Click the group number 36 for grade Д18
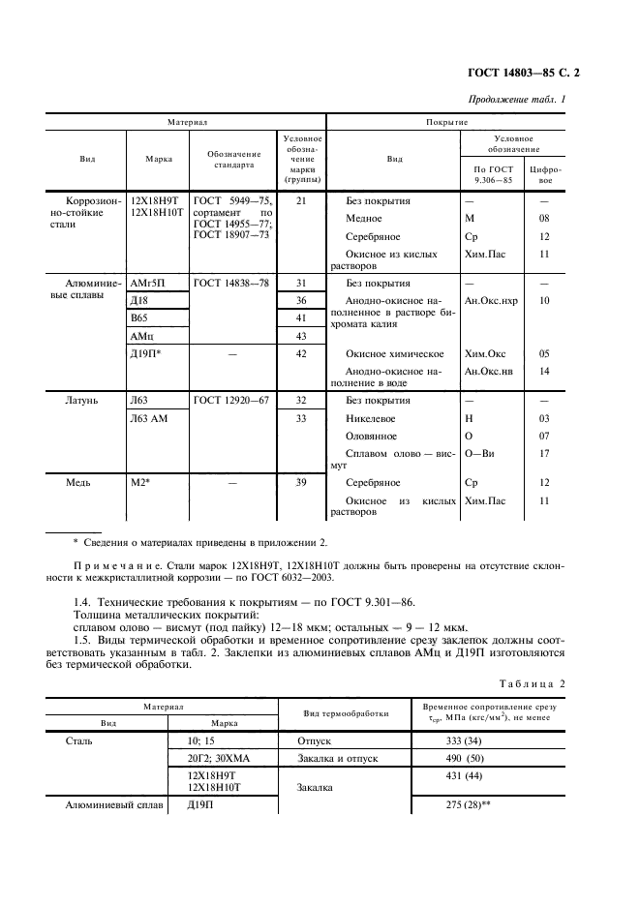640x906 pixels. click(301, 301)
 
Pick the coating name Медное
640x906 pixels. click(363, 219)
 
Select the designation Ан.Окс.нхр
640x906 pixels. click(492, 301)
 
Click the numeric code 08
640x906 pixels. click(544, 219)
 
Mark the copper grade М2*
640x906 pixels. click(140, 482)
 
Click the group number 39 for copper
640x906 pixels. click(301, 482)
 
